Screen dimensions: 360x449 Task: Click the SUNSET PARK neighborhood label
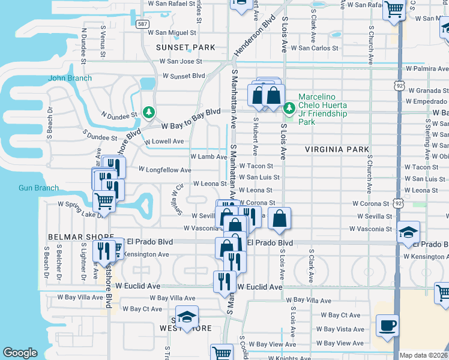[x=185, y=47]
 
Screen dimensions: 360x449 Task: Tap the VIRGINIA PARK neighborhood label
[x=337, y=149]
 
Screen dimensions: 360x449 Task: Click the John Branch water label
[x=70, y=78]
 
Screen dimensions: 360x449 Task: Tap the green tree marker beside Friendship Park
[x=289, y=108]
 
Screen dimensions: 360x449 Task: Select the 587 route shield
[x=142, y=24]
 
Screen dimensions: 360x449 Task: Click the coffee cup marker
[x=387, y=326]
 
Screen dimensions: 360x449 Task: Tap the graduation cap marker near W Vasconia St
[x=408, y=232]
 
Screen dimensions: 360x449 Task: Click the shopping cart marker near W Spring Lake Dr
[x=104, y=202]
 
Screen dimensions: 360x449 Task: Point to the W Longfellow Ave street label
[x=163, y=169]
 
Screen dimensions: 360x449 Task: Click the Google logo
[x=20, y=353]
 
